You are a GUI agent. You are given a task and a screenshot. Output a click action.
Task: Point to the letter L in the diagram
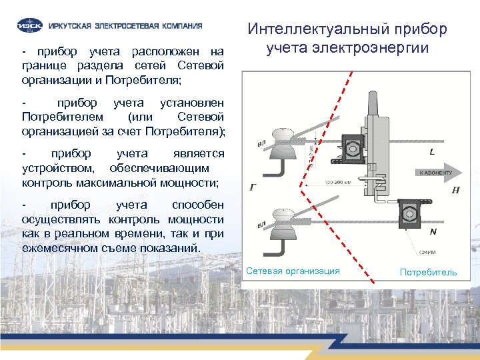pyautogui.click(x=433, y=152)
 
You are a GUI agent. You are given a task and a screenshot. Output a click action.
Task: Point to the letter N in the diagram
pyautogui.click(x=433, y=232)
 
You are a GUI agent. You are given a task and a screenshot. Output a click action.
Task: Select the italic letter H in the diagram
pyautogui.click(x=455, y=190)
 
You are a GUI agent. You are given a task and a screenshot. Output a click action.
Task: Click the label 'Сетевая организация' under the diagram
pyautogui.click(x=293, y=271)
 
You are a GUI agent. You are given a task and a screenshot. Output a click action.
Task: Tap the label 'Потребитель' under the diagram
pyautogui.click(x=428, y=272)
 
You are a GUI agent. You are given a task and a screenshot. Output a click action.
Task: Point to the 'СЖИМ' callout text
pyautogui.click(x=427, y=252)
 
